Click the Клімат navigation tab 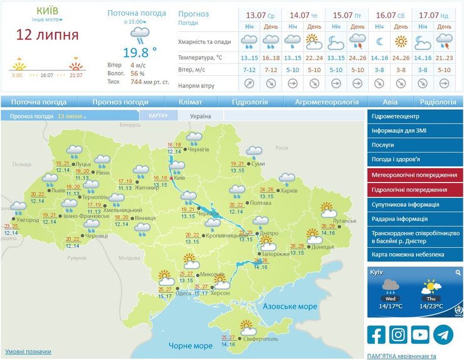190,102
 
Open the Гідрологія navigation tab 250,102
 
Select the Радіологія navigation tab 437,102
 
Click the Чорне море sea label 191,346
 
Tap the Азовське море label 290,307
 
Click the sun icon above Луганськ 327,209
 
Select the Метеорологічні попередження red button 414,175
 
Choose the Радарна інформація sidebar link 399,219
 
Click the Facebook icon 376,335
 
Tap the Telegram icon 443,335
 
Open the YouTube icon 421,335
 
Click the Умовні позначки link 28,352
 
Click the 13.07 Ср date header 259,15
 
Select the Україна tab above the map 200,116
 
